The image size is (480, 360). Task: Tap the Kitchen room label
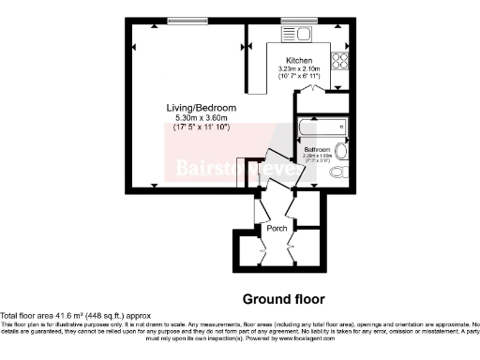point(299,60)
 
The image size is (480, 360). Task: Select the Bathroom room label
point(315,149)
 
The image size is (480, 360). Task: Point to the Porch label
point(277,228)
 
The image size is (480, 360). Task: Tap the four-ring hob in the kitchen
point(338,61)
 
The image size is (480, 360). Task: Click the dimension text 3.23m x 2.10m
point(299,68)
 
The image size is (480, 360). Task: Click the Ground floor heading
point(283,299)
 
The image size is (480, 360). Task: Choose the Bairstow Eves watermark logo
point(224,169)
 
